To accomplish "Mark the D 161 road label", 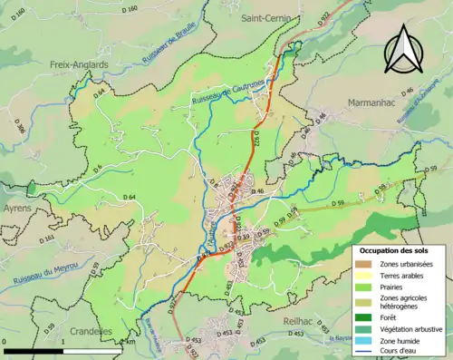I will tap(48, 239).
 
